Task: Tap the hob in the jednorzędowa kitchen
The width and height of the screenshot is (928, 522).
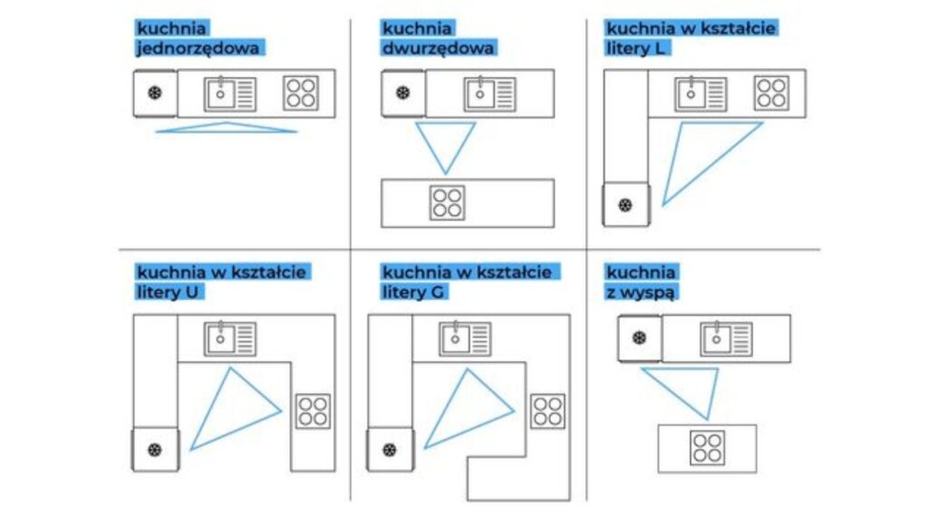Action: click(x=301, y=93)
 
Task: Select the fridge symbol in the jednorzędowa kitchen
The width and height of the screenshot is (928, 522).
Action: click(x=155, y=93)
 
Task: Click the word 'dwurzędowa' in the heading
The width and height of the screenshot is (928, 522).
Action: click(x=438, y=48)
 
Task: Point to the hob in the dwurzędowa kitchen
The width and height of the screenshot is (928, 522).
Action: click(x=447, y=202)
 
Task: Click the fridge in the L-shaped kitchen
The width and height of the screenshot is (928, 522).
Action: click(x=625, y=204)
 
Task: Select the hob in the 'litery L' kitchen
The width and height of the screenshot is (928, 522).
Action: click(x=771, y=92)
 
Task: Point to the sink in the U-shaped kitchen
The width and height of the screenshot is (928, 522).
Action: click(x=229, y=338)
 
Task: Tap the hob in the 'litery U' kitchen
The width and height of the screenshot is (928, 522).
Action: click(x=313, y=411)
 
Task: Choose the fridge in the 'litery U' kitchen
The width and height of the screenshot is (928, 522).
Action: click(x=155, y=449)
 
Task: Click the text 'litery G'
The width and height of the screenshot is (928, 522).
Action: click(x=415, y=292)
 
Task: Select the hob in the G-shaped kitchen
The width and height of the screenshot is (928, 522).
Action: click(x=547, y=411)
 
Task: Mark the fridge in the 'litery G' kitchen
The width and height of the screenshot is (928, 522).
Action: click(x=390, y=449)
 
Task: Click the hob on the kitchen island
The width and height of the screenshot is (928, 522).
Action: click(x=707, y=448)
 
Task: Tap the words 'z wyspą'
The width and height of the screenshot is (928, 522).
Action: click(x=643, y=292)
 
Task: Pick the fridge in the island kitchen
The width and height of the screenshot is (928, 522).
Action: click(x=640, y=338)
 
